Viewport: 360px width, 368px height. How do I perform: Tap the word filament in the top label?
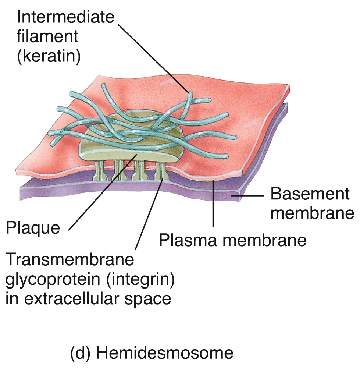click(47, 37)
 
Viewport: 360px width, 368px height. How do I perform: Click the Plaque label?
click(32, 228)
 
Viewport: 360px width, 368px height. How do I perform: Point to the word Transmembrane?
click(69, 260)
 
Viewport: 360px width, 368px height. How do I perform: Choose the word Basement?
click(310, 194)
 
